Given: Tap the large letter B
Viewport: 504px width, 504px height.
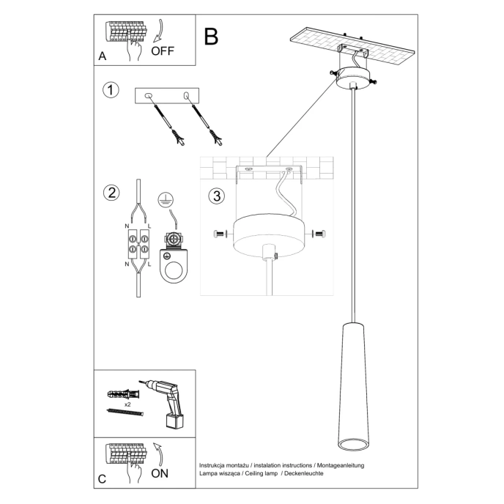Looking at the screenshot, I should tap(212, 36).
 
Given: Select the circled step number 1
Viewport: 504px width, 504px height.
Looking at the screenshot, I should tap(110, 91).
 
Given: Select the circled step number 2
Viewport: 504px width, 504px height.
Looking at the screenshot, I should tap(111, 193).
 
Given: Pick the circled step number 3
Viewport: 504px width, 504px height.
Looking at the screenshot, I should tap(215, 196).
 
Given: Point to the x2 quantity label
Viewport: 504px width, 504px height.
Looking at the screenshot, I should tap(127, 404).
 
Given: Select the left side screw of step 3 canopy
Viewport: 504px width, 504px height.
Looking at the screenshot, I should tap(219, 234).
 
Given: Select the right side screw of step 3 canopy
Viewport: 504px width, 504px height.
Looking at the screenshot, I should tap(319, 234).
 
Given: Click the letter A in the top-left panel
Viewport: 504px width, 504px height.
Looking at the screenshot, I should tap(102, 56).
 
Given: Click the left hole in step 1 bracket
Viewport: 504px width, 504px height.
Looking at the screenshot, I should tap(149, 95).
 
